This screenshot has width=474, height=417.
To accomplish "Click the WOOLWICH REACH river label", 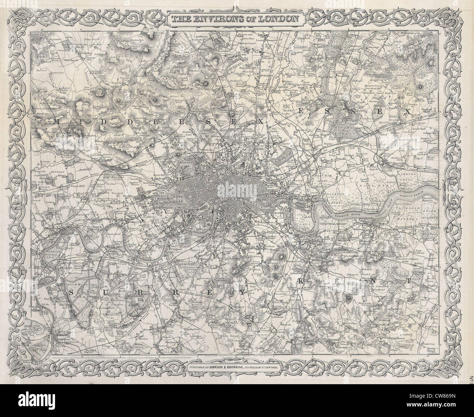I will click(x=349, y=213).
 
